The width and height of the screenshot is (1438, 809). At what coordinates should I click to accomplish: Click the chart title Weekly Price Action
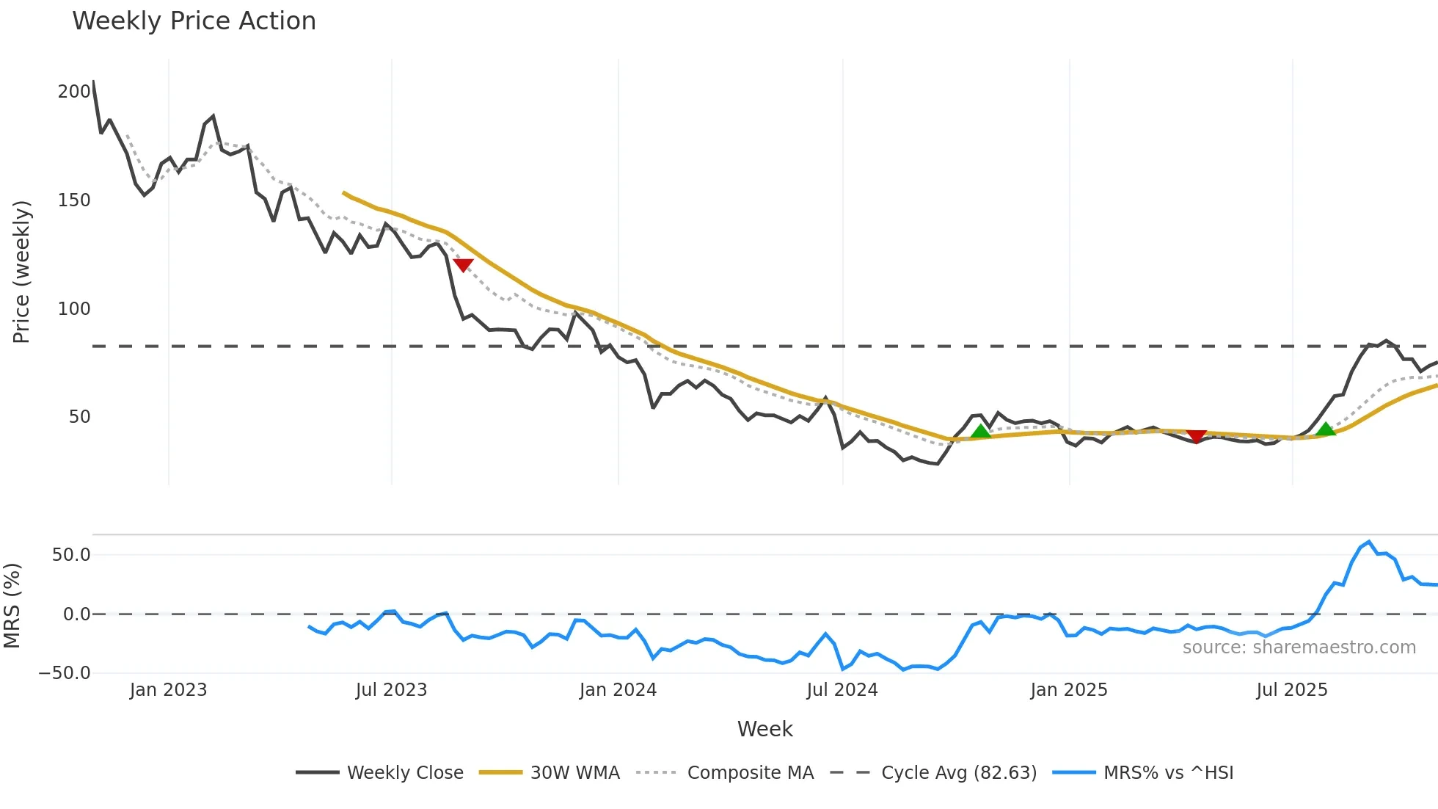coord(194,21)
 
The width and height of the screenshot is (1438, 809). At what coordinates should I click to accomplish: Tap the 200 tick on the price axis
coord(74,92)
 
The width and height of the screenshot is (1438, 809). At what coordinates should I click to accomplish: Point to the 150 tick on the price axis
coord(74,200)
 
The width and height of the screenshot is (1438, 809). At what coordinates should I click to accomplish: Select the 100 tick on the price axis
coord(74,308)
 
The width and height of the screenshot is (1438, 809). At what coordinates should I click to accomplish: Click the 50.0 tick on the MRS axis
coord(71,555)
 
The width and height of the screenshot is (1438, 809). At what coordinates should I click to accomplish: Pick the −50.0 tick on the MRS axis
coord(65,673)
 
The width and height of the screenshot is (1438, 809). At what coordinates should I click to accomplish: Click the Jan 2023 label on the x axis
coord(168,690)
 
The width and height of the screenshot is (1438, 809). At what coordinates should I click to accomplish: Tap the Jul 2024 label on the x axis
coord(842,690)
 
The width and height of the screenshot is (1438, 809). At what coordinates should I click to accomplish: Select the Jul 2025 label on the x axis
coord(1291,690)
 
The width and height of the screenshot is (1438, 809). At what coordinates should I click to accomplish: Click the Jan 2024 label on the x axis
coord(618,690)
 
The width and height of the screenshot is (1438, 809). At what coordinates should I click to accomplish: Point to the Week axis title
coord(764,729)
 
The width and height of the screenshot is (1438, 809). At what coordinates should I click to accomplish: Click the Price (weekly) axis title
coord(21,272)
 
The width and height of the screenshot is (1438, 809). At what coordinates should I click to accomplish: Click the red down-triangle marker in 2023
coord(463,265)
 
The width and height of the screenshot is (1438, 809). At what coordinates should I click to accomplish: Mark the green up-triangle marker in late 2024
coord(980,431)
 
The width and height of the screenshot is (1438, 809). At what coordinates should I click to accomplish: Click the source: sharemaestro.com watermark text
coord(1299,647)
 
